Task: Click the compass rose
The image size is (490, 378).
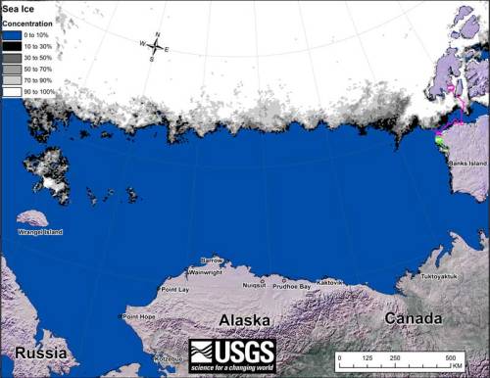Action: click(156, 45)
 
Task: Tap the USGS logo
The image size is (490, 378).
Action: click(232, 354)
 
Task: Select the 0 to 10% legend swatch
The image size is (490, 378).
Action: click(12, 33)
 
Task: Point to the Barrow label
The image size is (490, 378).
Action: click(212, 260)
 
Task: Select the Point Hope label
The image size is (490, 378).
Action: click(138, 316)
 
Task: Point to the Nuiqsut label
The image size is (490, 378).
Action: click(254, 285)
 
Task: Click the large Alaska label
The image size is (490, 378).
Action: click(245, 321)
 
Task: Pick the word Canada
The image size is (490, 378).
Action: click(413, 319)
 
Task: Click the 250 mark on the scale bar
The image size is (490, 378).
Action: click(397, 359)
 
